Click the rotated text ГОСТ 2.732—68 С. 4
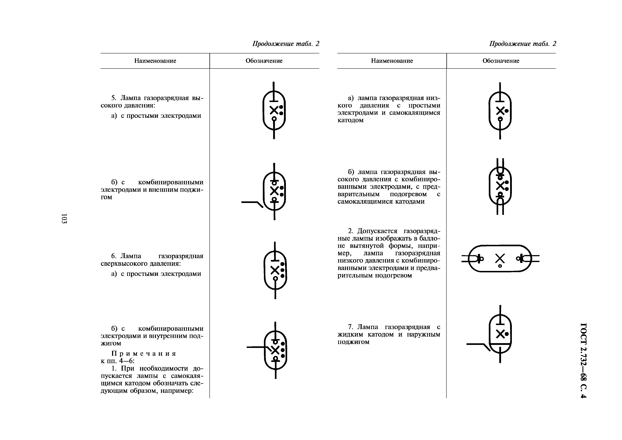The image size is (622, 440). pyautogui.click(x=583, y=360)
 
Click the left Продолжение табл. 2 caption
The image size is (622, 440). pyautogui.click(x=286, y=44)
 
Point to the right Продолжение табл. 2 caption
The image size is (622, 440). pyautogui.click(x=522, y=44)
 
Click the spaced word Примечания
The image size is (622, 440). pyautogui.click(x=144, y=354)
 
